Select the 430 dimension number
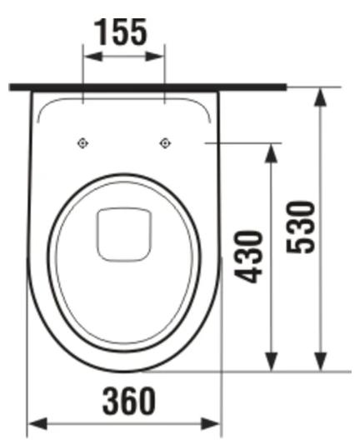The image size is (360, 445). point(247,257)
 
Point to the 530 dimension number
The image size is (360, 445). point(299,227)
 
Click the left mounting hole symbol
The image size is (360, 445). point(82,142)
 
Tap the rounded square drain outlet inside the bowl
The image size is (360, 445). point(123,232)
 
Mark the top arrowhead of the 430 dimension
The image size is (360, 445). point(271,151)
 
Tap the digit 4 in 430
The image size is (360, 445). point(247,277)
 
